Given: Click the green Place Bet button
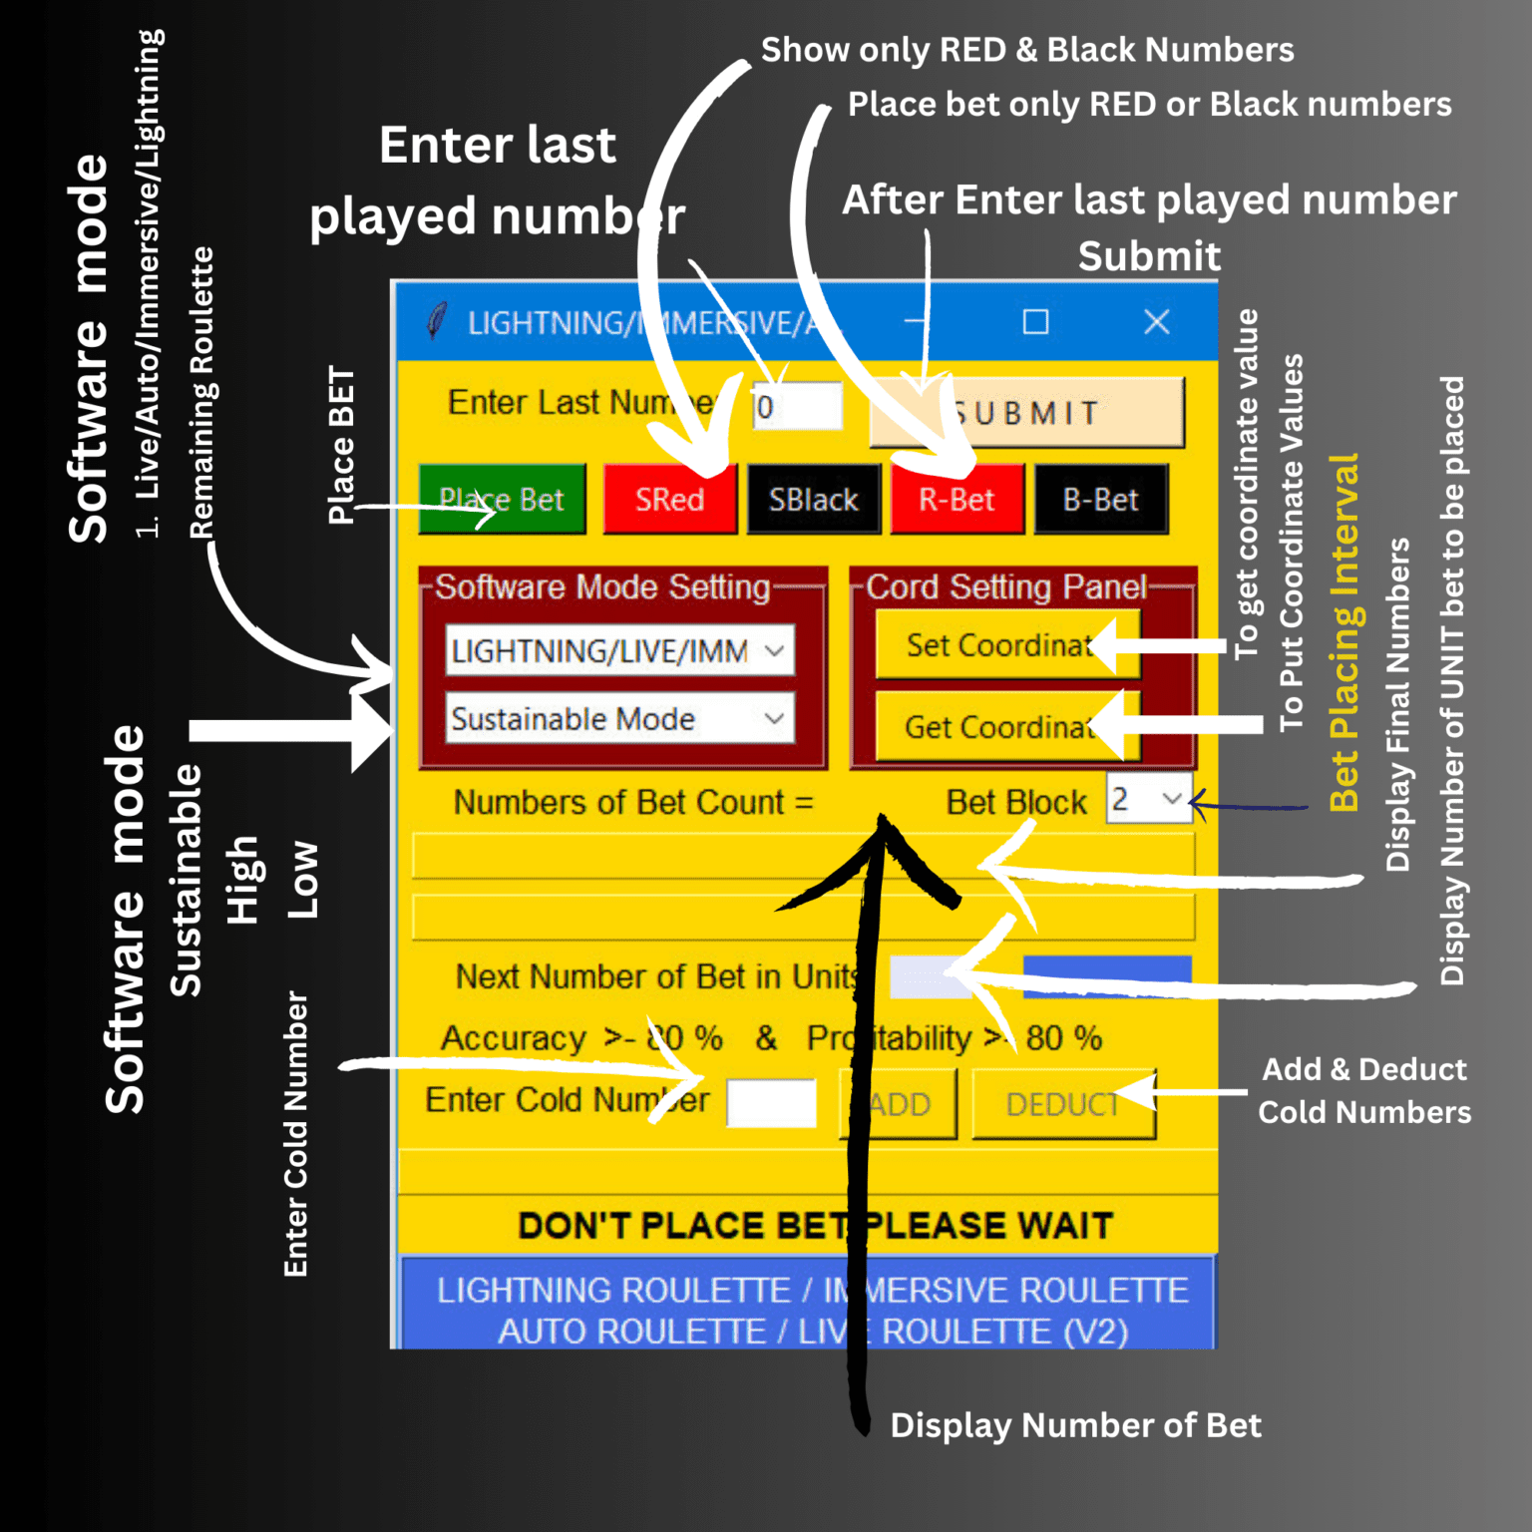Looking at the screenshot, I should (x=501, y=499).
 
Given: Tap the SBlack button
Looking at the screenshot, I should (x=814, y=499).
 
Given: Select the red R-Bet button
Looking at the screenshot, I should (x=957, y=499).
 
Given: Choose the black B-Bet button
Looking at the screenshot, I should (x=1100, y=499).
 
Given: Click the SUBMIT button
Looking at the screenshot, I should (x=1027, y=413).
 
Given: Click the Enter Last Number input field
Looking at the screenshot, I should (x=798, y=407).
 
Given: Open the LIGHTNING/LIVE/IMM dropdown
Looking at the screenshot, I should (x=619, y=651).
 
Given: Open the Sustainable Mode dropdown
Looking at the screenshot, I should (x=619, y=719).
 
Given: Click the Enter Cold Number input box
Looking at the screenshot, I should (x=771, y=1103).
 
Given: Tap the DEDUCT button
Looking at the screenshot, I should (x=1063, y=1104).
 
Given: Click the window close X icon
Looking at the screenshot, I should (x=1156, y=322).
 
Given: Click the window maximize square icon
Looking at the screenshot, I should (x=1035, y=322).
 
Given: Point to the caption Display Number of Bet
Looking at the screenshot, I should (x=1075, y=1425).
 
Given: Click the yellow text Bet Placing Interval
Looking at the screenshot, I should (x=1344, y=632).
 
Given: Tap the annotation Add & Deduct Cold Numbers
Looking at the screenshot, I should (x=1363, y=1090).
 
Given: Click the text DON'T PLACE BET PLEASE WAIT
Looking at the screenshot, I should (x=815, y=1225).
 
